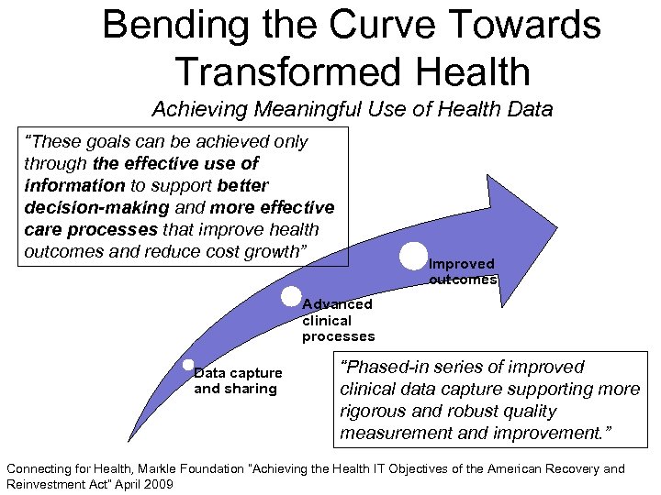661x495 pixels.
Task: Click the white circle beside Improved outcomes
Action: coord(414,256)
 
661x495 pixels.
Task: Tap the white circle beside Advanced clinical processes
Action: coord(291,296)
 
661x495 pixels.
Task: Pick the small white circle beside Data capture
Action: coord(188,364)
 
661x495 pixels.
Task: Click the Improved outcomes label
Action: coord(463,271)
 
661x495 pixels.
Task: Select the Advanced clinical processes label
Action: coord(338,320)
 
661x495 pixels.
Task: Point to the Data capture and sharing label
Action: coord(237,381)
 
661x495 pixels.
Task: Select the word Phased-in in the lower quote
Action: coord(386,367)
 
